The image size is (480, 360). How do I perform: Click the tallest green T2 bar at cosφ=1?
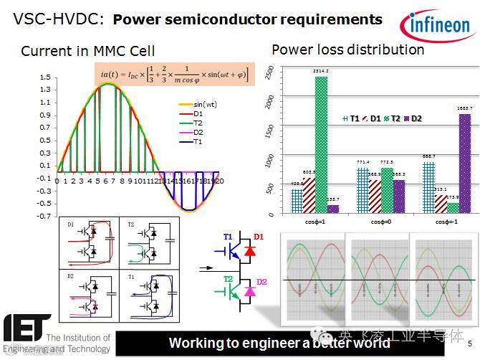click(x=321, y=144)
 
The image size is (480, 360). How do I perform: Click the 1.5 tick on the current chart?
click(x=44, y=76)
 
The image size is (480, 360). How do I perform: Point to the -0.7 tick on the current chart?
click(x=44, y=215)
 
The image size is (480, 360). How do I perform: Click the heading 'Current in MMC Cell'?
click(x=87, y=51)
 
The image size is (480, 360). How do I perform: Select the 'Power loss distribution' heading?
click(x=347, y=49)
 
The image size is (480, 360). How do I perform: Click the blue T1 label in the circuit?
click(x=228, y=236)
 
